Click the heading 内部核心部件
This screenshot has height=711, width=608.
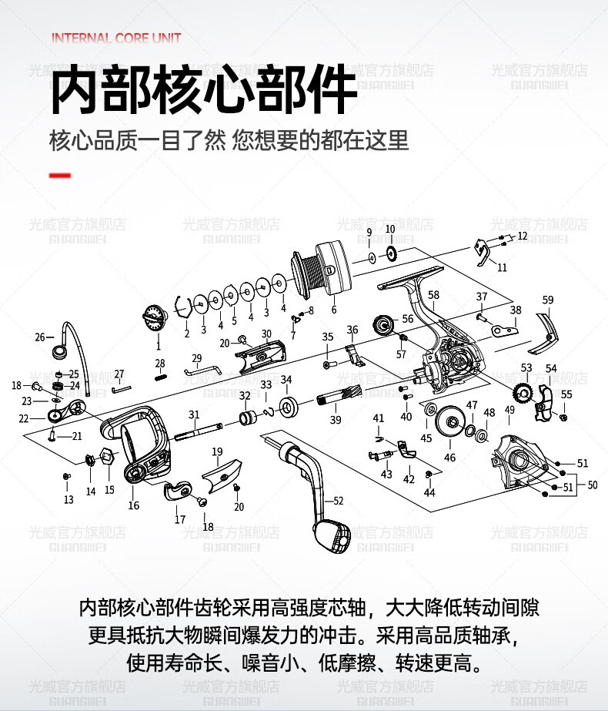coord(203,91)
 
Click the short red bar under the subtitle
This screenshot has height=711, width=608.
coord(59,176)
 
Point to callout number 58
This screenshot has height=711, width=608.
coord(433,295)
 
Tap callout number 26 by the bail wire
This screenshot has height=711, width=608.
coord(40,337)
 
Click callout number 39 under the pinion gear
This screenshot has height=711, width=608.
coord(336,420)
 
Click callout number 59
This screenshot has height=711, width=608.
coord(548,300)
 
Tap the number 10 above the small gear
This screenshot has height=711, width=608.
coord(390,229)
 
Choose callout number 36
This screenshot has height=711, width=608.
coord(352,330)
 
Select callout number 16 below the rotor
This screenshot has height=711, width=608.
coord(134,505)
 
